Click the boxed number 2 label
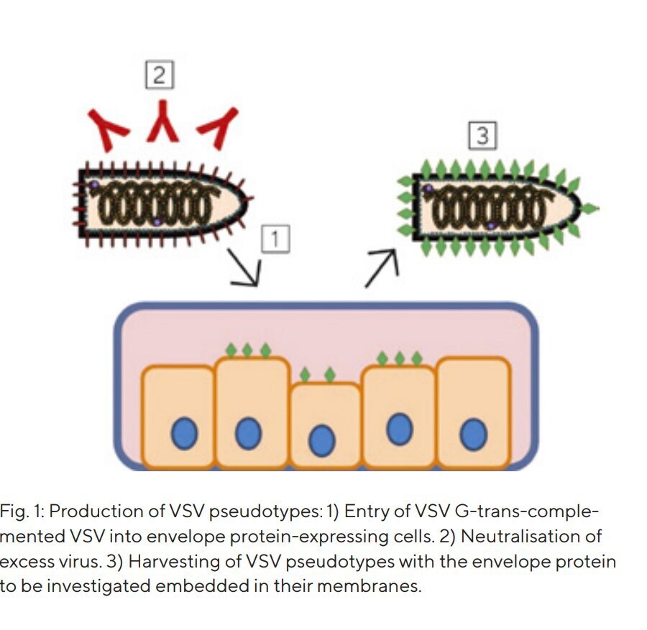[x=160, y=75]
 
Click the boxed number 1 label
[x=275, y=238]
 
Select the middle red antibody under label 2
[x=163, y=121]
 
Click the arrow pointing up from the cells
[x=380, y=268]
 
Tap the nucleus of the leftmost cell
[x=184, y=435]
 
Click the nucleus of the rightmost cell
[x=474, y=434]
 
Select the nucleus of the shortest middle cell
[x=323, y=439]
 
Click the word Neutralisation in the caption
[x=529, y=537]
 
